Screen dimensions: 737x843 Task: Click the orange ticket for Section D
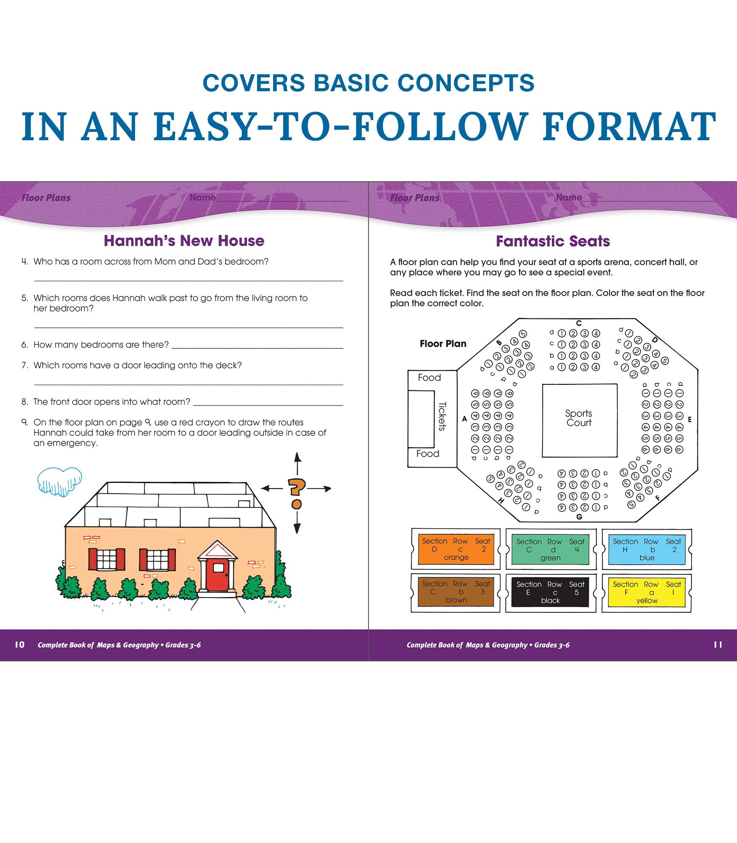tap(456, 549)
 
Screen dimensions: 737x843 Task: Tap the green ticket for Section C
tap(550, 549)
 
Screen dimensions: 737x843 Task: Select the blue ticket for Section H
tap(647, 549)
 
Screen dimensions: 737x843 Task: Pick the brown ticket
tap(456, 592)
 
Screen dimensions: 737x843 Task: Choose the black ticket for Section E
tap(550, 593)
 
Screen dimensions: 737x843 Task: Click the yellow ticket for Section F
tap(647, 593)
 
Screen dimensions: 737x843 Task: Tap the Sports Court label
tap(579, 418)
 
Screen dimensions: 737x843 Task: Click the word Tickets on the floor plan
tap(442, 416)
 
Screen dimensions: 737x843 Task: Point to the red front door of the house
tap(218, 575)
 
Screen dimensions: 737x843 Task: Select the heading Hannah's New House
tap(184, 241)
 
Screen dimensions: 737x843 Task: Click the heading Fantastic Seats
tap(553, 241)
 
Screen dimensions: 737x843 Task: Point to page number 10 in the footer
tap(19, 644)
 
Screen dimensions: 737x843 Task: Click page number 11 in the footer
tap(718, 644)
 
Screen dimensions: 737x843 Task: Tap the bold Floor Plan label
tap(443, 344)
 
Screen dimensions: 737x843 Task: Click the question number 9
tap(24, 422)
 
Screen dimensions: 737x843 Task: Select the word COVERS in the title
tap(254, 83)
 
